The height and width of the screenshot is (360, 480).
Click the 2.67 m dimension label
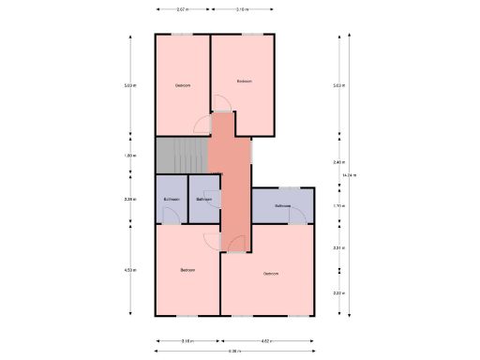[x=182, y=9]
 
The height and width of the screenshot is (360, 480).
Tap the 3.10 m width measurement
[x=242, y=9]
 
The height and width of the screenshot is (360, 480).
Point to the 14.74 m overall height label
[x=349, y=175]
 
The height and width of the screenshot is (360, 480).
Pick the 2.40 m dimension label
[x=337, y=161]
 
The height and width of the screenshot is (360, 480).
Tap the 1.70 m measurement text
[x=337, y=205]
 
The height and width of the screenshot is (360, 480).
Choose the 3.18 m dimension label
[x=187, y=341]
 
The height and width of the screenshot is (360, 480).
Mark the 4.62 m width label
[x=265, y=341]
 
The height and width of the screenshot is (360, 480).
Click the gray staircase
[x=180, y=156]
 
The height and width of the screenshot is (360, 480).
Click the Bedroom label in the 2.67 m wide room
[x=183, y=86]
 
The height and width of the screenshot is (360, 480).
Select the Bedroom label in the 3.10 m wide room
[x=244, y=82]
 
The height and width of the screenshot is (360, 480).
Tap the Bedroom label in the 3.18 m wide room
[x=187, y=270]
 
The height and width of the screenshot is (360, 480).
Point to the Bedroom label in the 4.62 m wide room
[x=270, y=274]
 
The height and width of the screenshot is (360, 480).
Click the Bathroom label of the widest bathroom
[x=281, y=205]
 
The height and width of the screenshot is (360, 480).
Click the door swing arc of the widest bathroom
[x=296, y=217]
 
